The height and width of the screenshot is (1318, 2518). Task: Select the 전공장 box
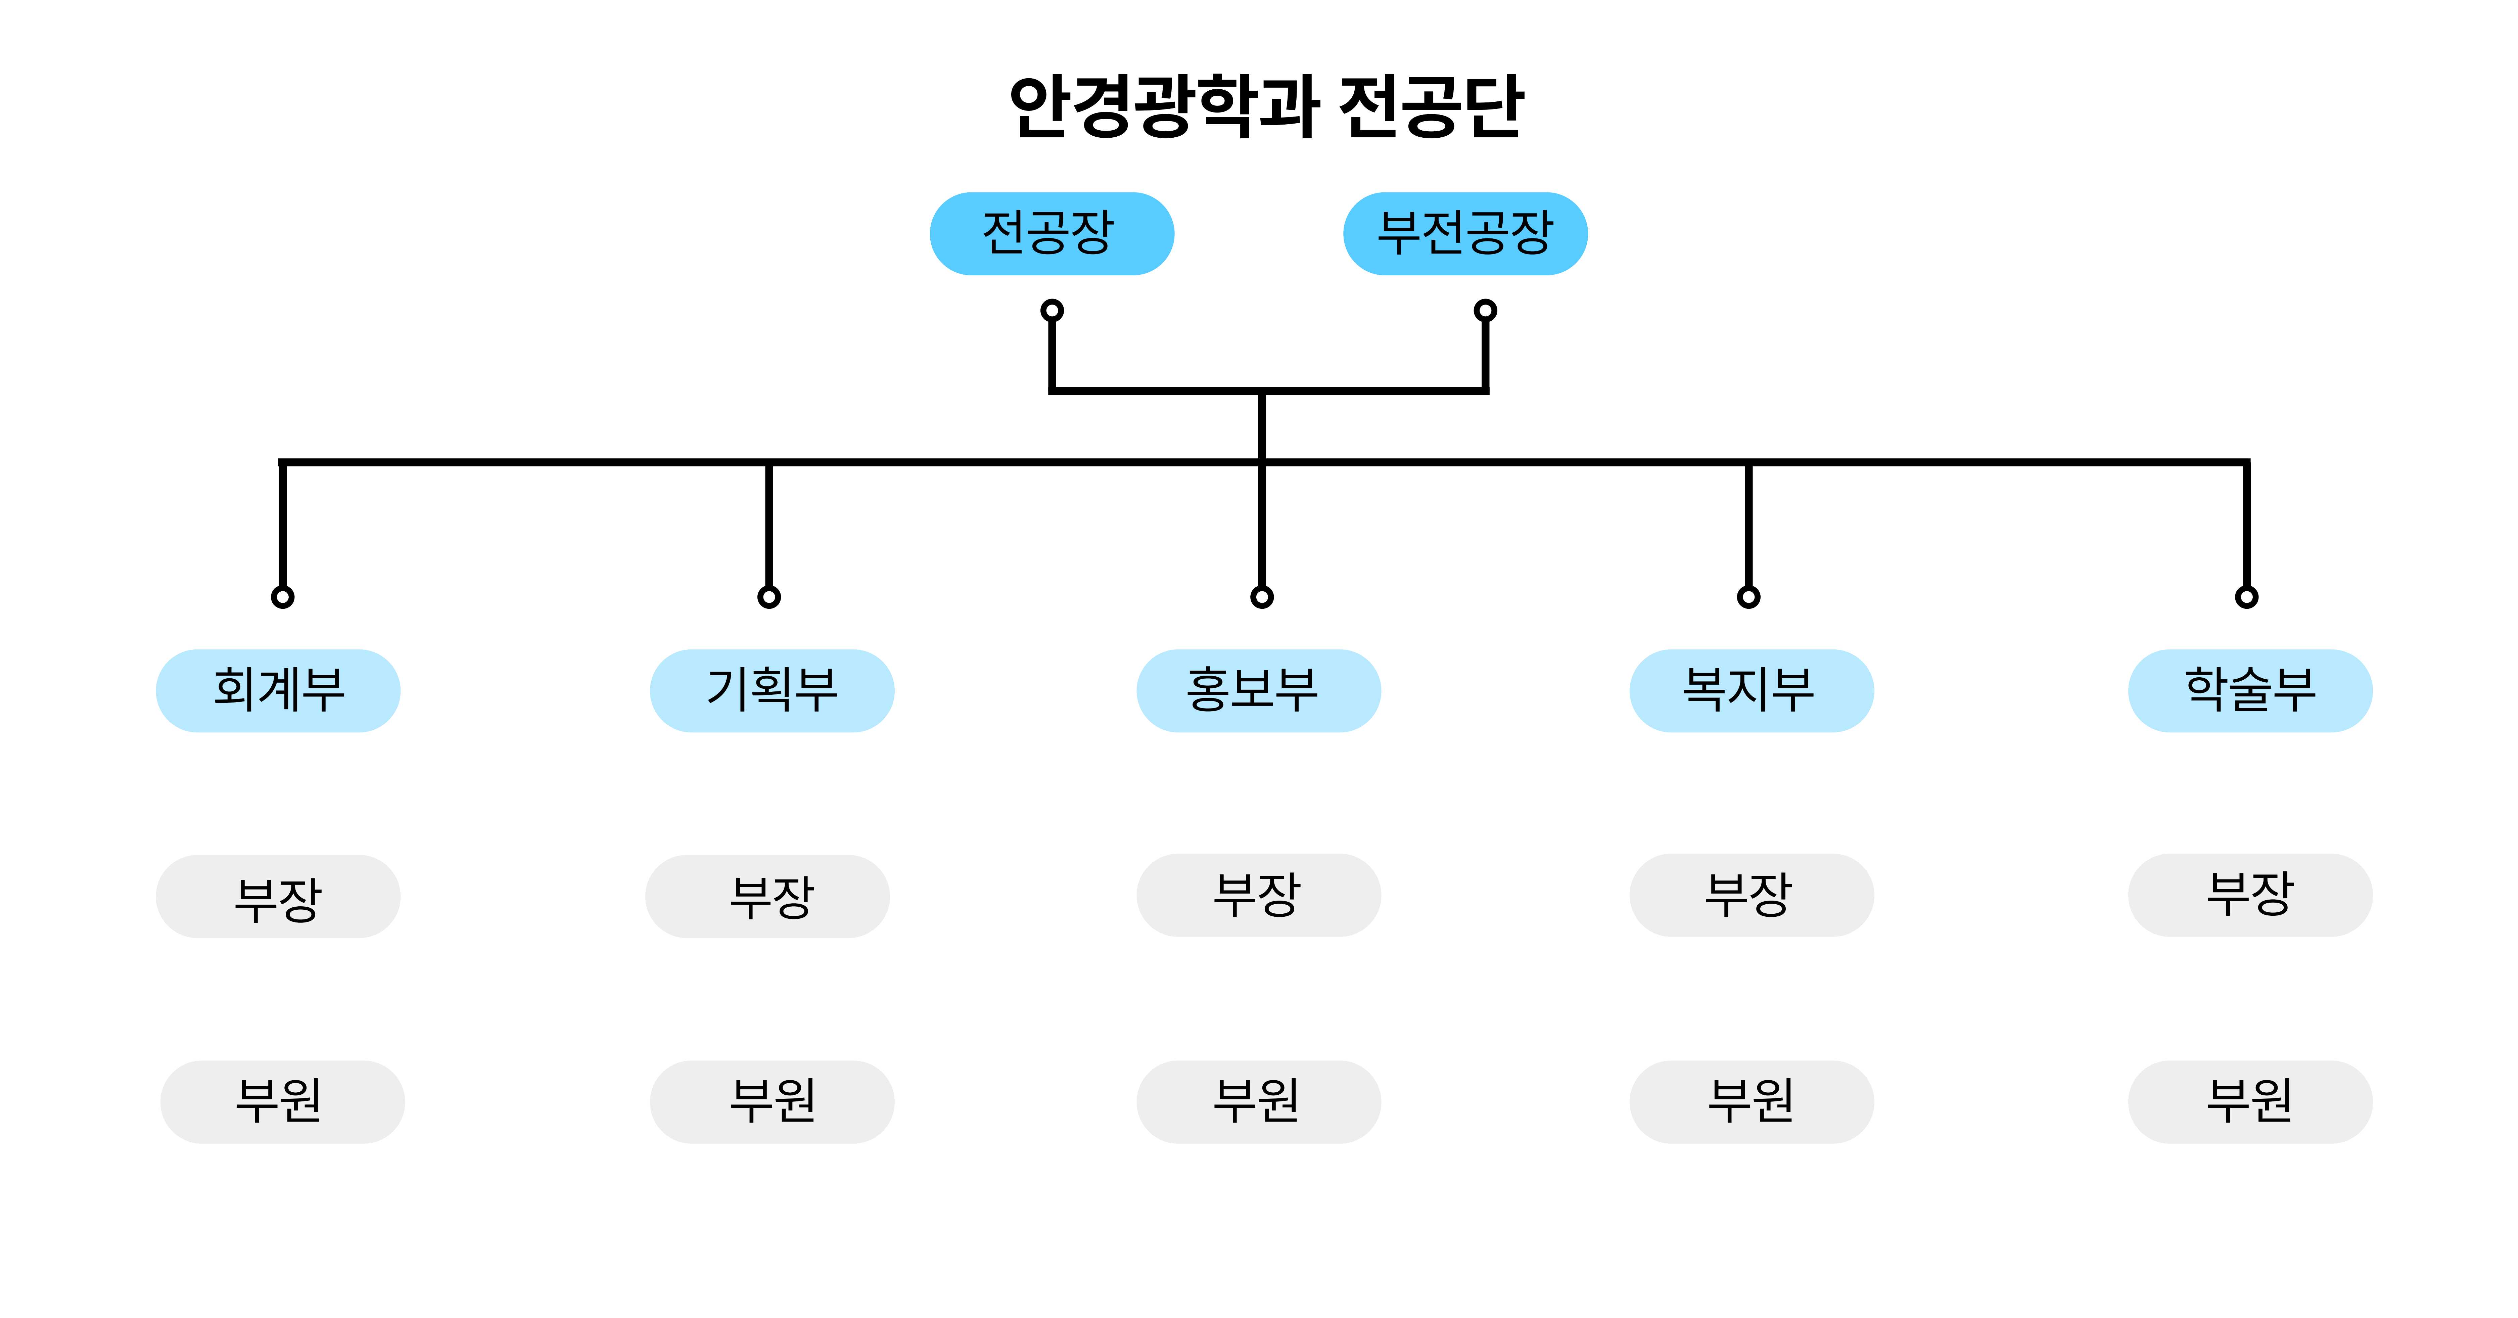pos(1052,234)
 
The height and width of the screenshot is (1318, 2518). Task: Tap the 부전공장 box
pos(1465,234)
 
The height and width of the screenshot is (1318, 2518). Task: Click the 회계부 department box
pos(279,690)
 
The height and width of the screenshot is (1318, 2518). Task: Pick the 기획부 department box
pos(772,690)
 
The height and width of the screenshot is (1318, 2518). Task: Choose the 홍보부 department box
pos(1258,690)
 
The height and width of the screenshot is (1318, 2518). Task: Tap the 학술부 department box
pos(2250,690)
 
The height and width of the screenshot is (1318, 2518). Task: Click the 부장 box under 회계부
pos(279,897)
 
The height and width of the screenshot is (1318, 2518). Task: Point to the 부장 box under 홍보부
pos(1258,895)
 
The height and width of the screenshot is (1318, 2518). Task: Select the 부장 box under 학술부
pos(2250,895)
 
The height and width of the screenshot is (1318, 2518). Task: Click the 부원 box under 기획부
pos(772,1102)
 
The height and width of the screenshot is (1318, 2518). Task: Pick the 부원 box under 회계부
pos(282,1102)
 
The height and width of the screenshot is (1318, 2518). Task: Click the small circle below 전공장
pos(1052,311)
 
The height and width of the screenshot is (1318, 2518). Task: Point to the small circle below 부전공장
pos(1485,311)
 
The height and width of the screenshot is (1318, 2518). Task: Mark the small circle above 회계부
pos(282,596)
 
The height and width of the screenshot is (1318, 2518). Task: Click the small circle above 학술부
pos(2246,596)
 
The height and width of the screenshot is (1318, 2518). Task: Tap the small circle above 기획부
pos(769,596)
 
